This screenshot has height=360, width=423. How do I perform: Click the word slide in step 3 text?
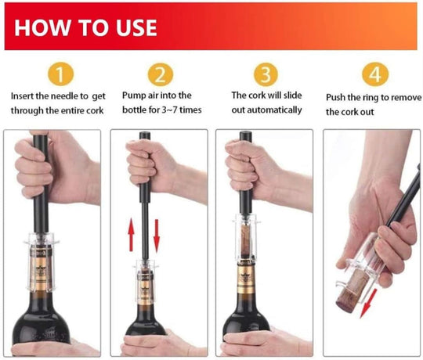293,95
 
